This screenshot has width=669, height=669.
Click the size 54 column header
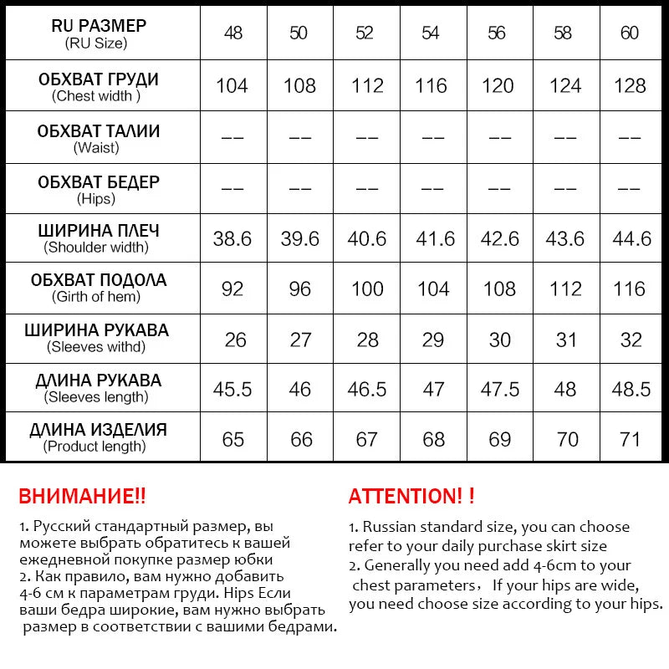432,33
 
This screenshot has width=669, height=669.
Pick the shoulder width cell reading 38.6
232,239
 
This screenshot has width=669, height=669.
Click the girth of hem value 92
232,289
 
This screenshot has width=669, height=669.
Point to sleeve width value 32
631,340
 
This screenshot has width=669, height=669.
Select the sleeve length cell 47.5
499,390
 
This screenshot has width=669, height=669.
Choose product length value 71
631,440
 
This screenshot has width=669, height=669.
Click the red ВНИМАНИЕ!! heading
82,496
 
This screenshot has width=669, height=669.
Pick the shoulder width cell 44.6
631,239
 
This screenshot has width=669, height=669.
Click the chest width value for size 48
232,86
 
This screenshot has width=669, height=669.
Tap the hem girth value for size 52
365,289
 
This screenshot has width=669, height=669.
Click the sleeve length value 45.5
232,390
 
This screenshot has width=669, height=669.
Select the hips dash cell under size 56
499,189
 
